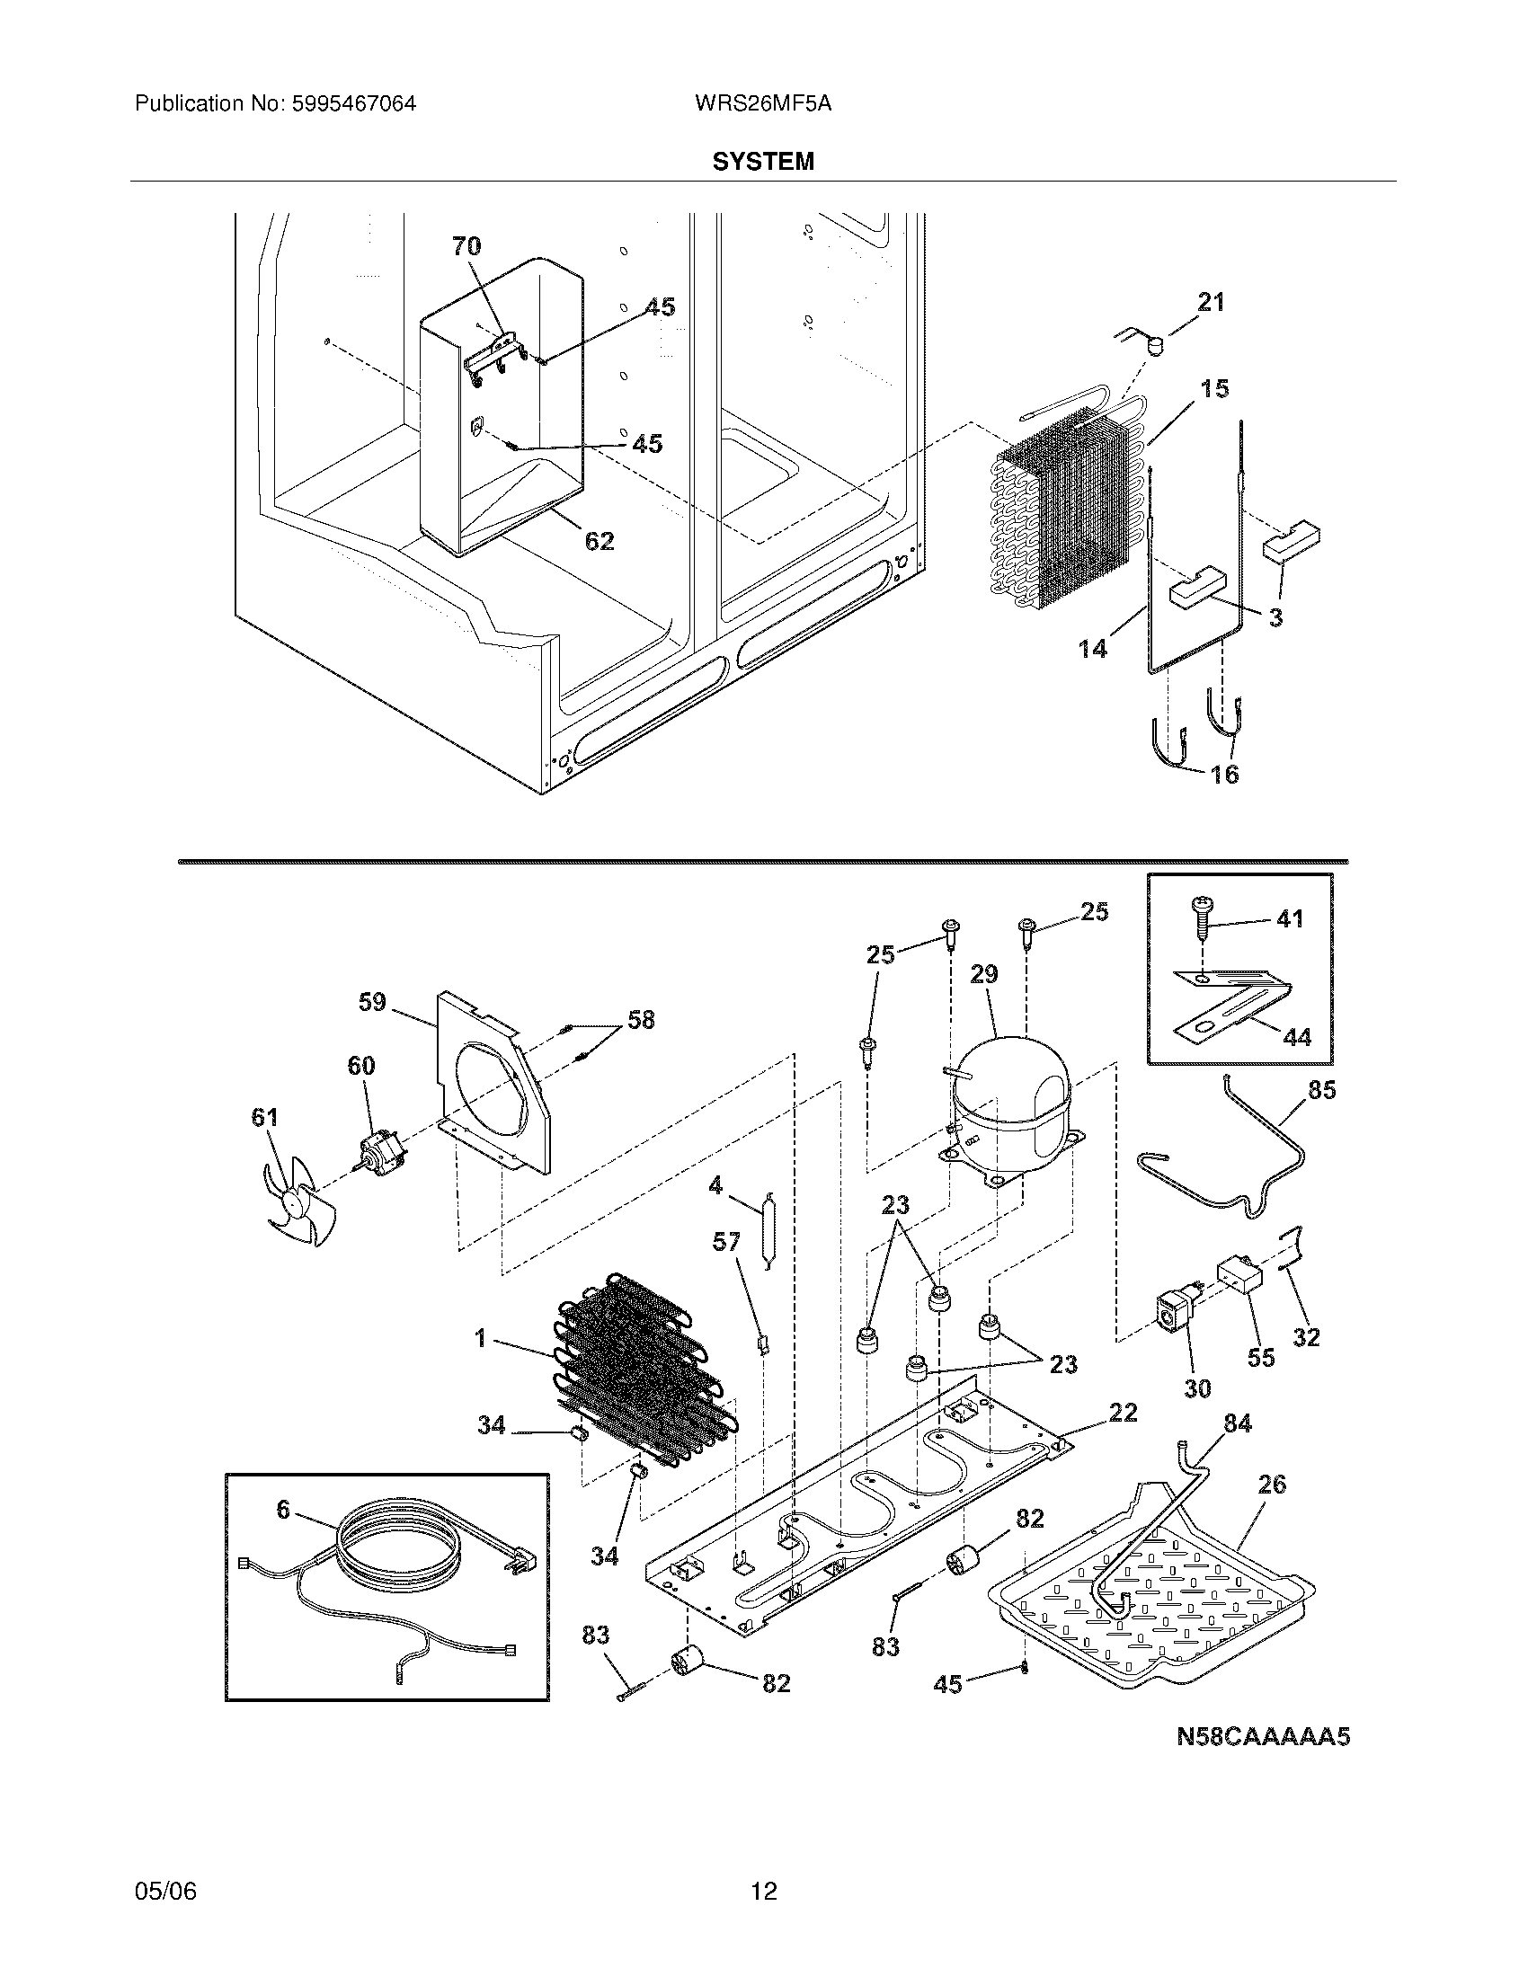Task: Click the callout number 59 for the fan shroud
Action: coord(371,1002)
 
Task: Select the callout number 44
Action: coord(1297,1037)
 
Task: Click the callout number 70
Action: coord(466,245)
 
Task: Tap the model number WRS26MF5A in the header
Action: coord(763,103)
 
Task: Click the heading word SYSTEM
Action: coord(763,161)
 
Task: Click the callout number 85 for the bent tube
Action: coord(1321,1090)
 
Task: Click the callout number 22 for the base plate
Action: coord(1123,1412)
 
